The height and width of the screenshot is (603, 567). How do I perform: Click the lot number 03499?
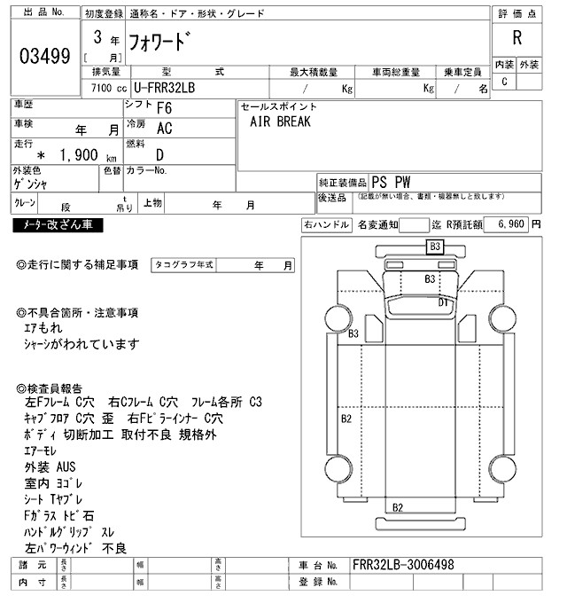coord(44,56)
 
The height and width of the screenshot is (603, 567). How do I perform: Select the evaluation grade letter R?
coord(517,37)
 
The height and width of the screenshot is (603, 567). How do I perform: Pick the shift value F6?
coord(164,109)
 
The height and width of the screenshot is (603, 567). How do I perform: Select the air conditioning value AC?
coord(164,129)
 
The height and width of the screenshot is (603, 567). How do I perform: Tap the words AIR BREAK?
coord(281,122)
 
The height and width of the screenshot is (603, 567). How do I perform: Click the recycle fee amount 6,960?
coord(512,225)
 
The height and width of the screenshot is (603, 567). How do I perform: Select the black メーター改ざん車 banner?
coord(58,225)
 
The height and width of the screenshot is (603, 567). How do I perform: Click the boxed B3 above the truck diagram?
coord(435,247)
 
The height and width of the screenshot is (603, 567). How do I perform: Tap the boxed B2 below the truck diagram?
coord(398,507)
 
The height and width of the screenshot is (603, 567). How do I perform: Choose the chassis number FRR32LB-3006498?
coord(403,564)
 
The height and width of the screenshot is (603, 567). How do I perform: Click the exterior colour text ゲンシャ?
coord(31,184)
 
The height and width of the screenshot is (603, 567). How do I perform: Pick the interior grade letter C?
coord(504,82)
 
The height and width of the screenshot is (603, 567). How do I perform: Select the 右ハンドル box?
coord(326,225)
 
